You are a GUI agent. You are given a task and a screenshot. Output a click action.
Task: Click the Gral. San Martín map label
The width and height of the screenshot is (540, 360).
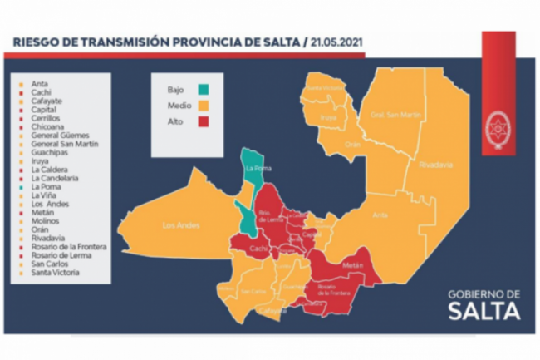[389, 114]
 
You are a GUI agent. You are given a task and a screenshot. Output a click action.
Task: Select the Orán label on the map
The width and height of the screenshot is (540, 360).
[354, 142]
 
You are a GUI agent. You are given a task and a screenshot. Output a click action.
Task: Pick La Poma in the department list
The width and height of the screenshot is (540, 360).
[45, 186]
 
